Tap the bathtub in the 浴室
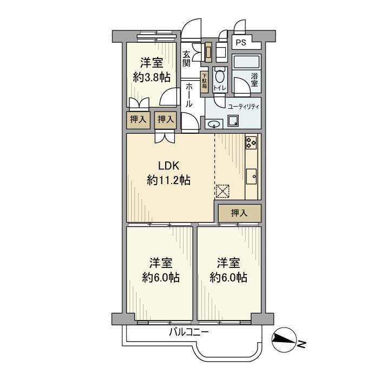(247, 61)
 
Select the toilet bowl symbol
(219, 76)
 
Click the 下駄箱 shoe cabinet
(204, 84)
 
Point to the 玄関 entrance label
(186, 59)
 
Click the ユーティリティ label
(243, 107)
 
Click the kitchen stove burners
(252, 142)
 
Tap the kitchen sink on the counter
(252, 177)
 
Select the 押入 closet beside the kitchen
(239, 213)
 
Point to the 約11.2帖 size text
(168, 181)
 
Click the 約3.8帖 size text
(152, 77)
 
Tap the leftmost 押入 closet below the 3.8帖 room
(138, 120)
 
